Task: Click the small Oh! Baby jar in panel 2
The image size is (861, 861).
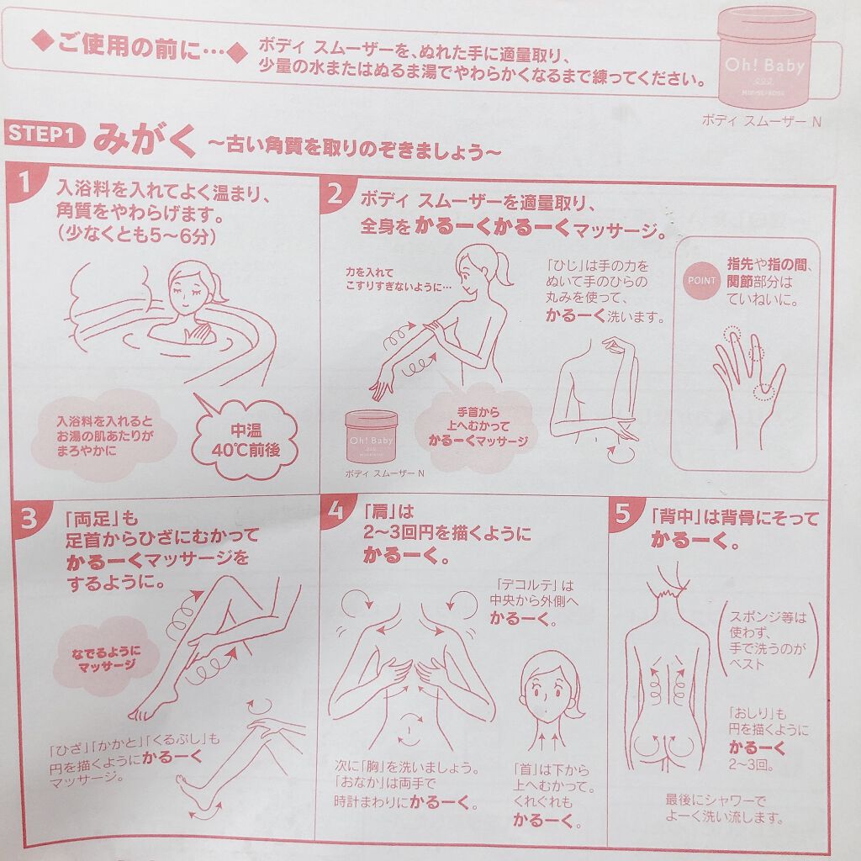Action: pos(371,436)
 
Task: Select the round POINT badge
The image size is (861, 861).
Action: pos(702,281)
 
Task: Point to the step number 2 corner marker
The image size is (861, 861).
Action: pos(334,193)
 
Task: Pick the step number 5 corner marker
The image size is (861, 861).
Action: pos(624,514)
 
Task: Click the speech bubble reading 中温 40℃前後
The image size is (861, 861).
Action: pos(246,436)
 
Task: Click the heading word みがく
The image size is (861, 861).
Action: pos(145,140)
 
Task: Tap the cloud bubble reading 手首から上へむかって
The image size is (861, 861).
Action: pos(477,425)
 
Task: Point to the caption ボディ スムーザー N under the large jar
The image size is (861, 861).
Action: pos(761,121)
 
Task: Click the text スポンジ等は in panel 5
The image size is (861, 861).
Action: pos(768,617)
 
